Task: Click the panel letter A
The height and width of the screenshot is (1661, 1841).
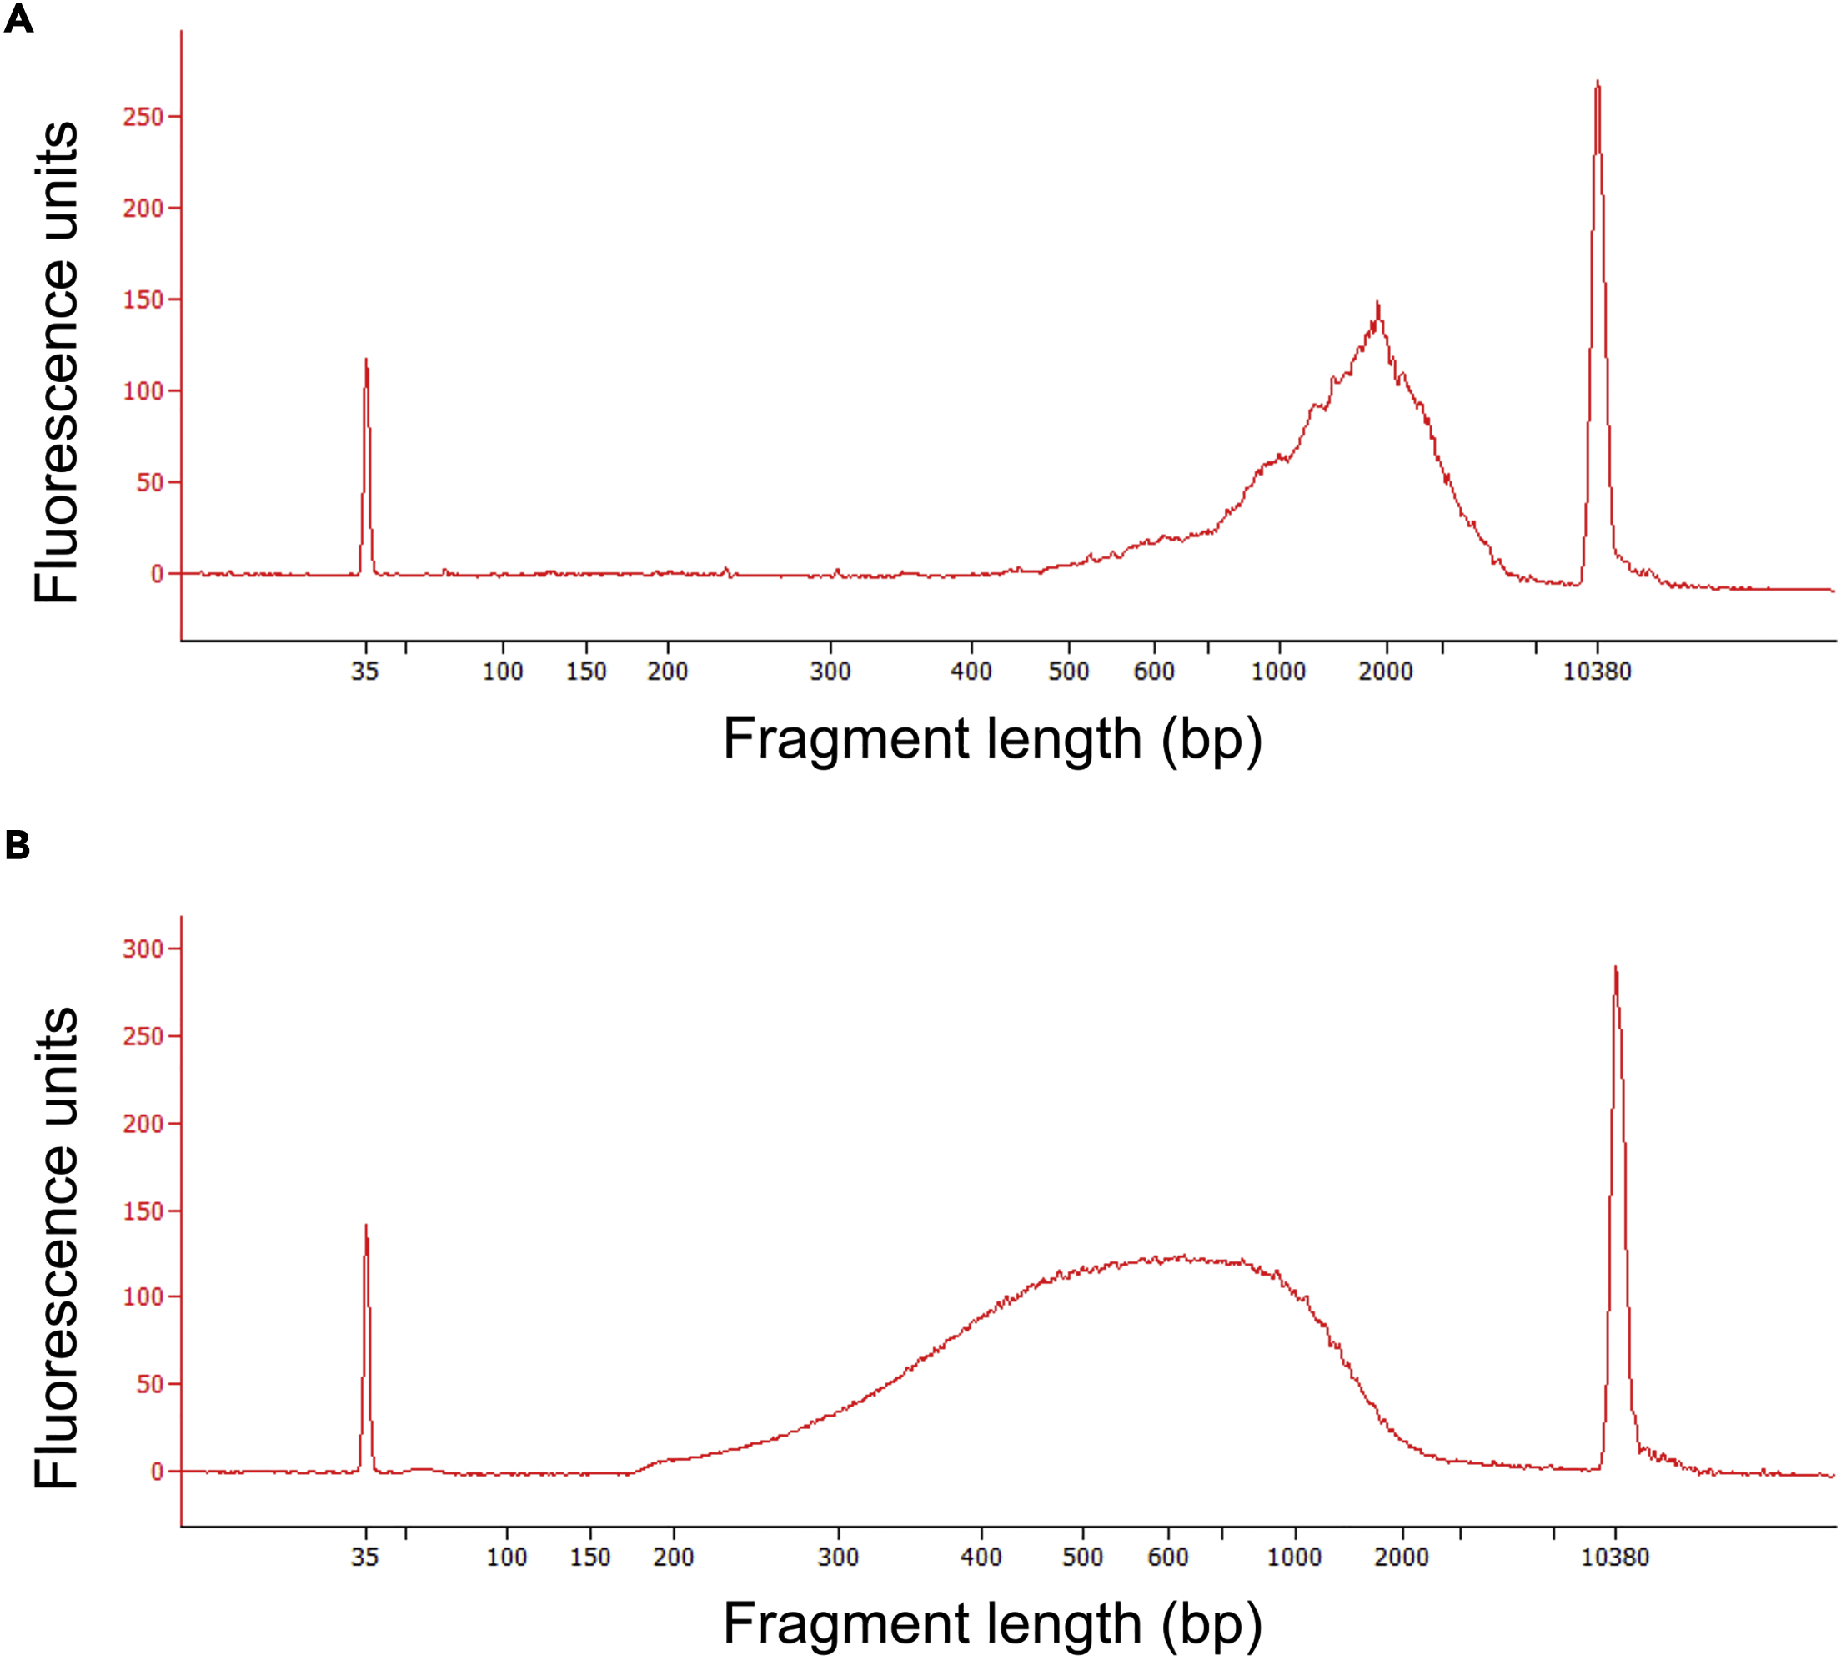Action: pyautogui.click(x=18, y=18)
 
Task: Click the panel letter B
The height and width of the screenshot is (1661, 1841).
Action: pyautogui.click(x=18, y=845)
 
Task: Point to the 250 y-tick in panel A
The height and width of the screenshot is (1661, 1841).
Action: pyautogui.click(x=143, y=117)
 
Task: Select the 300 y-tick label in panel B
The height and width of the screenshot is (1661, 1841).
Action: pyautogui.click(x=143, y=949)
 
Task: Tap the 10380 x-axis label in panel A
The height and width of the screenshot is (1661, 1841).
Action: pyautogui.click(x=1597, y=672)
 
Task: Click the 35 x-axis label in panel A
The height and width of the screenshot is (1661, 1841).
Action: pyautogui.click(x=365, y=672)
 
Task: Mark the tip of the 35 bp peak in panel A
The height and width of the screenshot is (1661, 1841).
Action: pyautogui.click(x=366, y=360)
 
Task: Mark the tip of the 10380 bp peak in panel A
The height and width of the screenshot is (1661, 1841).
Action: pyautogui.click(x=1598, y=82)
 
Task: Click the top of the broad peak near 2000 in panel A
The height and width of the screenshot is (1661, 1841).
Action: pyautogui.click(x=1377, y=304)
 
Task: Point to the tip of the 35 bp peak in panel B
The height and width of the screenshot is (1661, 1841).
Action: pyautogui.click(x=366, y=1226)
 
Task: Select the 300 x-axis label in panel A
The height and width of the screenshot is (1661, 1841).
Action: pyautogui.click(x=830, y=672)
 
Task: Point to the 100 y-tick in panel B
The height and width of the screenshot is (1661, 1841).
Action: pyautogui.click(x=143, y=1297)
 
